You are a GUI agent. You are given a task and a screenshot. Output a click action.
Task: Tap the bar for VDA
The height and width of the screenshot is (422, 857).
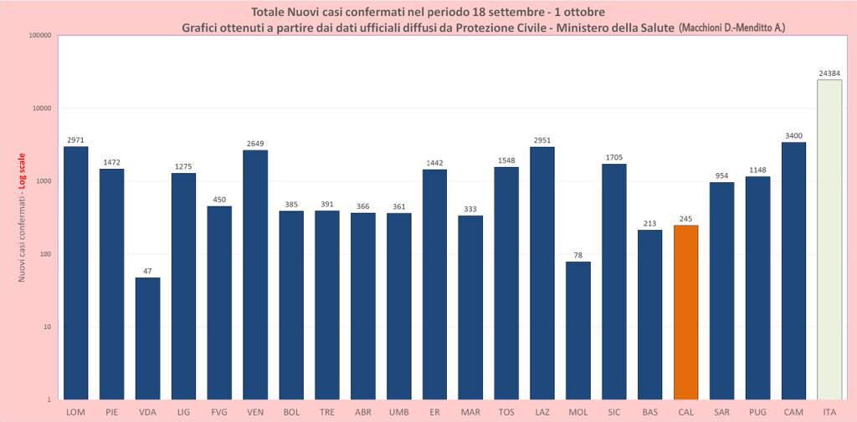(147, 338)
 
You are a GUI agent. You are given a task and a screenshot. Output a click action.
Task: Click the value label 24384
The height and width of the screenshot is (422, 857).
(829, 73)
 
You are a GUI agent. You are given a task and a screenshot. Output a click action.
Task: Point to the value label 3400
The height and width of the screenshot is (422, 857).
(793, 135)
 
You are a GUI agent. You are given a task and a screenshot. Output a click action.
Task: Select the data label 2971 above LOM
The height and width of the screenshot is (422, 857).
(75, 140)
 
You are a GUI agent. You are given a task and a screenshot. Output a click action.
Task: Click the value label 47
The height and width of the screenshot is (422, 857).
(147, 271)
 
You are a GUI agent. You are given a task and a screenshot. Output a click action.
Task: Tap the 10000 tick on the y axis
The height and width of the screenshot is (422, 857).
(39, 109)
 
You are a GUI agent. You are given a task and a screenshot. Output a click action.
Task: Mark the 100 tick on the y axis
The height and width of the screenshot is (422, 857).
(44, 254)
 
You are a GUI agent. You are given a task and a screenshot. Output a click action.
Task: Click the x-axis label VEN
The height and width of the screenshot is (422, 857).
(255, 412)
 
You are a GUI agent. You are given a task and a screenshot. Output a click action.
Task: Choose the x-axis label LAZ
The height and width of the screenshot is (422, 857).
(542, 412)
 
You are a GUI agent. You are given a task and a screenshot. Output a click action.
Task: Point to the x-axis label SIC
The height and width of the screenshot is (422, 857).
(614, 412)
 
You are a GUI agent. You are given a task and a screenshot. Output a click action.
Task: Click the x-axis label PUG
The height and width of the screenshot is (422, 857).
(757, 412)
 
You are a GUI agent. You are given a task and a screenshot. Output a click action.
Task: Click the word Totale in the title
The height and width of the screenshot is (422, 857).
(269, 12)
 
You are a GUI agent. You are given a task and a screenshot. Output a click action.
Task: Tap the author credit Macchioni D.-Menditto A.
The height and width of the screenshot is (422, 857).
(731, 28)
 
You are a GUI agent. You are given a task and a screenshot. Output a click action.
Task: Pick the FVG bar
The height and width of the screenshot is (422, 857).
(219, 303)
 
